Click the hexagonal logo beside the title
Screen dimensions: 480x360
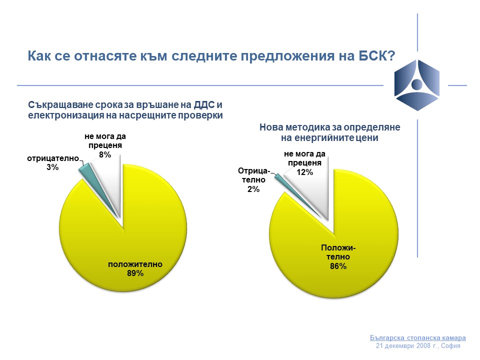(417, 85)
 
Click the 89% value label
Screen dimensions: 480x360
(135, 273)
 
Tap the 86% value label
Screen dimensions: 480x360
(338, 266)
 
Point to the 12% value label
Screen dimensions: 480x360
(305, 172)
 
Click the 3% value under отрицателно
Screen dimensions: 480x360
(52, 167)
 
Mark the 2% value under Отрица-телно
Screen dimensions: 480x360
(253, 189)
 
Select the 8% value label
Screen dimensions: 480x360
(105, 154)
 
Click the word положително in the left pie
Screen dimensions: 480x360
(135, 264)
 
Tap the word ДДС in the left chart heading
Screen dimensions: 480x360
(204, 105)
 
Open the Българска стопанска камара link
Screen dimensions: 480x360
(418, 338)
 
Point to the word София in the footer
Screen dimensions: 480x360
(450, 346)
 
